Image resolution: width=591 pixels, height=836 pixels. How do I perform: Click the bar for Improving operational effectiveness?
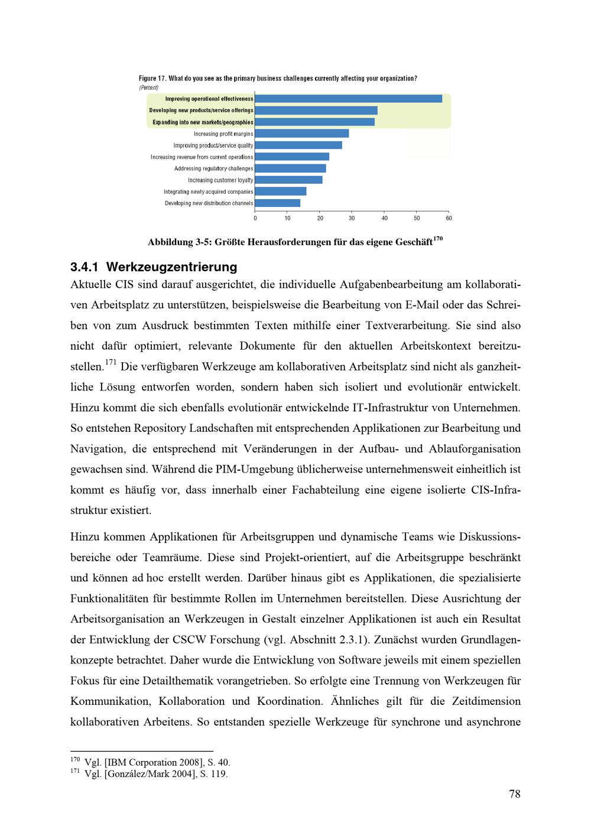pyautogui.click(x=349, y=99)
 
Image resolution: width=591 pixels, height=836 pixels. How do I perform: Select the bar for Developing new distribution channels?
pyautogui.click(x=278, y=203)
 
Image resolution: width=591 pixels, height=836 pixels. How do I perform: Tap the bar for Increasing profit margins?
pyautogui.click(x=302, y=134)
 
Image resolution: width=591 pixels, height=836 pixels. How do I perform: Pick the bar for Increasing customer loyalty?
pyautogui.click(x=289, y=180)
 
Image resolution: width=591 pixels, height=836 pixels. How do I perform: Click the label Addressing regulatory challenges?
pyautogui.click(x=213, y=168)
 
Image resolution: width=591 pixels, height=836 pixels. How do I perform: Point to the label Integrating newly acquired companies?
pyautogui.click(x=208, y=191)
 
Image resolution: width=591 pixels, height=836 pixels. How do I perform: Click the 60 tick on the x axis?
pyautogui.click(x=449, y=218)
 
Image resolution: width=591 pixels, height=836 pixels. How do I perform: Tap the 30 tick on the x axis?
pyautogui.click(x=352, y=218)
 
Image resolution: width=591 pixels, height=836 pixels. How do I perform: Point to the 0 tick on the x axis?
pyautogui.click(x=255, y=218)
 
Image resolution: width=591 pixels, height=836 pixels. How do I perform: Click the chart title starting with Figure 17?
pyautogui.click(x=278, y=79)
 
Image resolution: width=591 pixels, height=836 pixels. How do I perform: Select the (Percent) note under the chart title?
pyautogui.click(x=148, y=87)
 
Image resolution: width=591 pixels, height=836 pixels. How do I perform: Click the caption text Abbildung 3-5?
pyautogui.click(x=290, y=243)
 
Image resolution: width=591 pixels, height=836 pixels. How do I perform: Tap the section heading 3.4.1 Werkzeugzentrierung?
pyautogui.click(x=154, y=267)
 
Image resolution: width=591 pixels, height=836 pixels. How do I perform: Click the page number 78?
pyautogui.click(x=514, y=794)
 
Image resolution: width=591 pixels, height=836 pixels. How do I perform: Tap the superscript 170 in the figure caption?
pyautogui.click(x=437, y=239)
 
